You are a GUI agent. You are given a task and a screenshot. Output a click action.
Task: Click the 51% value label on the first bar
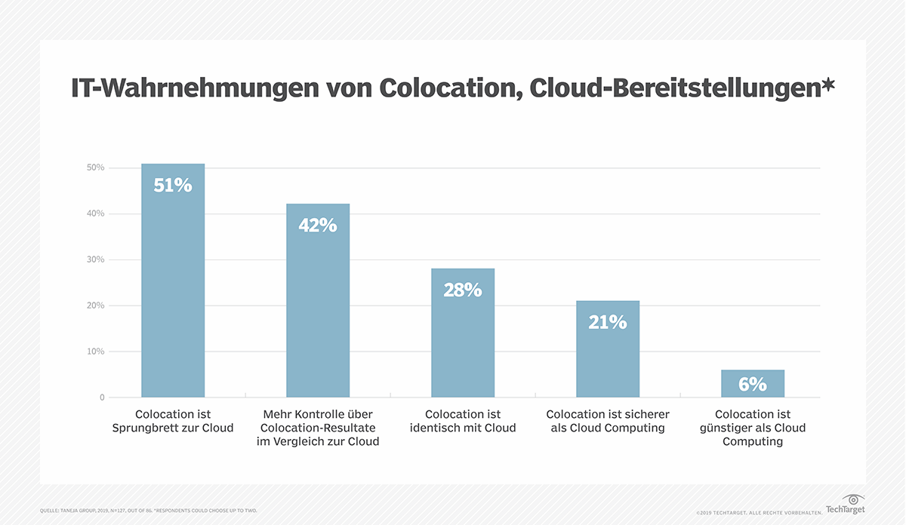click(x=173, y=185)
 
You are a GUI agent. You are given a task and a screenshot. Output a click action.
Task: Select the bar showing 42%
click(x=318, y=302)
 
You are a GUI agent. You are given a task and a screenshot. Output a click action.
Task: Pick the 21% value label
click(x=608, y=322)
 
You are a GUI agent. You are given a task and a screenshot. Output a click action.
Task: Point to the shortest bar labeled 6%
click(x=753, y=384)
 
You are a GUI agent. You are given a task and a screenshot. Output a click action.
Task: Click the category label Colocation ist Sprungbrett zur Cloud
click(x=173, y=421)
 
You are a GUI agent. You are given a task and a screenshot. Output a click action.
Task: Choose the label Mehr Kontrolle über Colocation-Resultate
click(x=318, y=428)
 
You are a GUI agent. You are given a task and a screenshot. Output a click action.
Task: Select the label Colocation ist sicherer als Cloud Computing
click(x=608, y=421)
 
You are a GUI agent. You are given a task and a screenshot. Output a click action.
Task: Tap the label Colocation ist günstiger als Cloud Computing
click(x=753, y=428)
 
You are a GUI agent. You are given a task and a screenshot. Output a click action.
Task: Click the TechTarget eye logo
click(x=853, y=499)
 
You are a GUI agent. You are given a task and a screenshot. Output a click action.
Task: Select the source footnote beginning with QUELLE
click(x=148, y=511)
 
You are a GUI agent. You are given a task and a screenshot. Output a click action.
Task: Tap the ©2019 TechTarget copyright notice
click(x=758, y=512)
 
